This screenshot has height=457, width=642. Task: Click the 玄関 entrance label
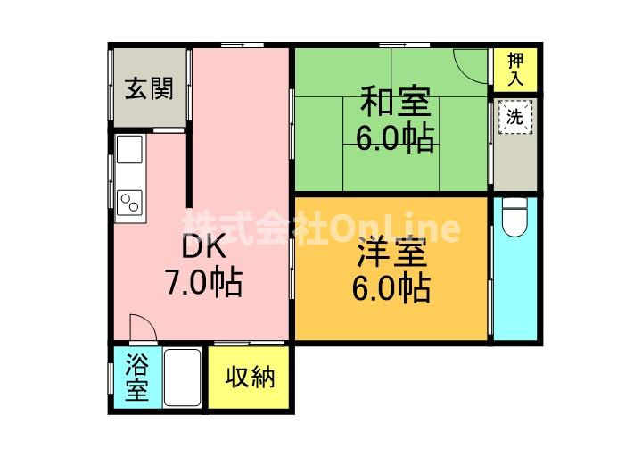pos(149,89)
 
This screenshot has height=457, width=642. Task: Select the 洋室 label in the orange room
pos(392,253)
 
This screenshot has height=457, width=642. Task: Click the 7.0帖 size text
pos(203,283)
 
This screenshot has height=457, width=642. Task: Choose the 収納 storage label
pos(250,377)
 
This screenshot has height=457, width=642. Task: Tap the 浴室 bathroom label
pos(136,378)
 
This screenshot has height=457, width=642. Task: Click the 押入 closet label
pos(516,69)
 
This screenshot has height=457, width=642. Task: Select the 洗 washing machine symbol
pos(514,116)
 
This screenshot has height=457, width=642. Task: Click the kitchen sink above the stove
pos(130,154)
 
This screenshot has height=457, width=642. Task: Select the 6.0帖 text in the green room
pos(395,138)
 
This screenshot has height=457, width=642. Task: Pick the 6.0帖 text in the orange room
pos(392,288)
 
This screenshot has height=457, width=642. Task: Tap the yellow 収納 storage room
pos(250,393)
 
